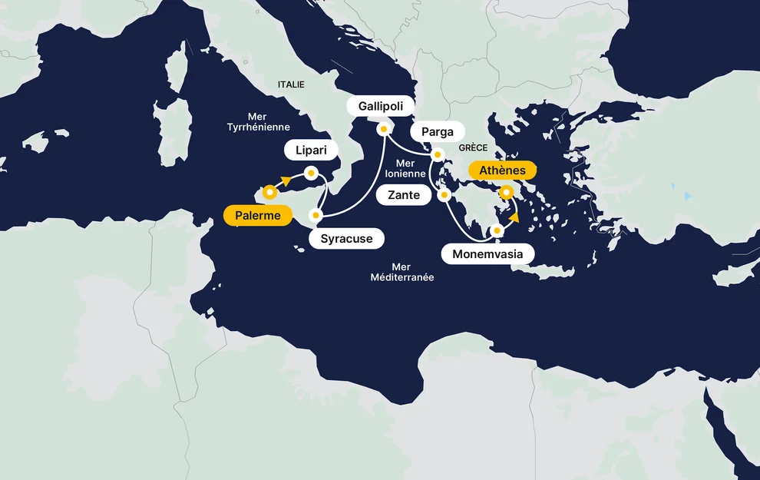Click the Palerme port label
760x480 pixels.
(x=258, y=216)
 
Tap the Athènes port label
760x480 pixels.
(x=502, y=170)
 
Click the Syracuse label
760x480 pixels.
(x=346, y=239)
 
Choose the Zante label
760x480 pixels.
(x=404, y=195)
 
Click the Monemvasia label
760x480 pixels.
(x=487, y=253)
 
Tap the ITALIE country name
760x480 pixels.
(x=291, y=84)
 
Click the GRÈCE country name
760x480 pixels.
(x=473, y=147)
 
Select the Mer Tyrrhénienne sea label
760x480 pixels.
(x=259, y=121)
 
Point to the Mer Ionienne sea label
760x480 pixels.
(x=405, y=168)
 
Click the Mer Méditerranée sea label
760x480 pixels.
(x=401, y=272)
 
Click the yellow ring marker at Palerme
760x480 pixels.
(x=269, y=192)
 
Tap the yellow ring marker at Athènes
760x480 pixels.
(x=507, y=192)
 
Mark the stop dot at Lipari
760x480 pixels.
(x=312, y=173)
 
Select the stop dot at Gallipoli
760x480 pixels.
(x=382, y=129)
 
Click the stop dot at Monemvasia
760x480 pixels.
(x=497, y=230)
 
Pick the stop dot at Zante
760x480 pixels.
(x=444, y=195)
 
